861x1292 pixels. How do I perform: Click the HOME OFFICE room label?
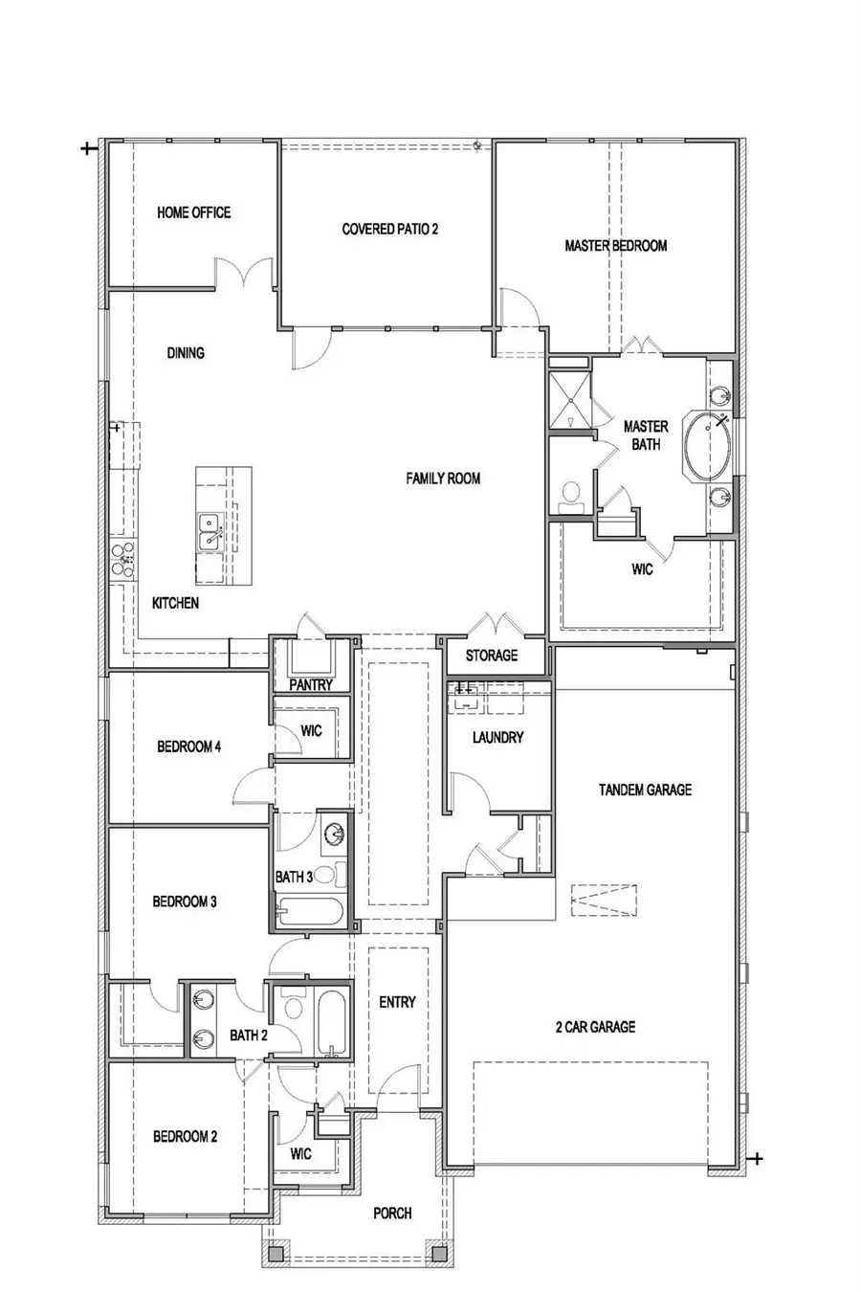pos(193,212)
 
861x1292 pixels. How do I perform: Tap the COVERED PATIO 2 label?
pos(389,230)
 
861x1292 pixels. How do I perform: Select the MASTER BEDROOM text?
pos(615,246)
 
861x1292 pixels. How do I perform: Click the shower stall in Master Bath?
pos(568,400)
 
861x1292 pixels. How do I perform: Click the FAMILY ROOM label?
pos(442,479)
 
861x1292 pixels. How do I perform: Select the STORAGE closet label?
pos(492,656)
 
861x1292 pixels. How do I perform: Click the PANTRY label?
pos(310,684)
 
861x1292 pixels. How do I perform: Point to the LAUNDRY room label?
pos(497,738)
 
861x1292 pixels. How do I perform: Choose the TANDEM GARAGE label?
pos(645,791)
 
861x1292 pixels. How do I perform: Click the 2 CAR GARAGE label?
pos(595,1027)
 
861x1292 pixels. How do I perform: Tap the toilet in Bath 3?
pos(324,874)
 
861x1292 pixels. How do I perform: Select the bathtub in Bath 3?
pos(310,913)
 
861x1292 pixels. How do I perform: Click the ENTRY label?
pos(397,1002)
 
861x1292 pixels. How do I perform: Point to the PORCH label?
pos(392,1213)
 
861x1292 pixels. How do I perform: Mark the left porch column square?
pos(276,1252)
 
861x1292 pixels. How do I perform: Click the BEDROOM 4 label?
pos(189,746)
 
